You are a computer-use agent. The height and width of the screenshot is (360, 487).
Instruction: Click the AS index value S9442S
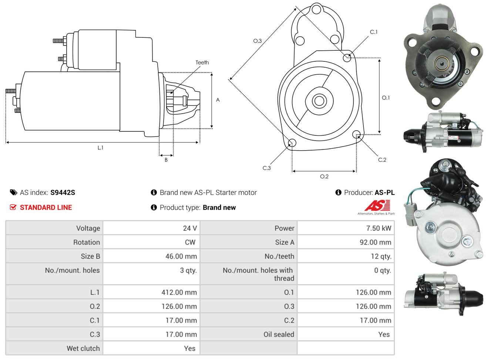click(63, 192)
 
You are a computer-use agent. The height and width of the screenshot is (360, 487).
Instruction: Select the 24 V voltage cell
click(190, 228)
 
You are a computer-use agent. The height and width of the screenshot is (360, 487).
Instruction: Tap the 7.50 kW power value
click(379, 228)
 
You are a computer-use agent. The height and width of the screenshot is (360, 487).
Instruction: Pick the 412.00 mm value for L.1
click(179, 292)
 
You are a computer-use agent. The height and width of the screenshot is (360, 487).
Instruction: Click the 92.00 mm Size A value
click(376, 242)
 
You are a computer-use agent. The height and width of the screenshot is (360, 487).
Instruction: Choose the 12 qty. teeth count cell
click(381, 256)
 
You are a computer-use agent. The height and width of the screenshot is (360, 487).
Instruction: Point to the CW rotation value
click(190, 242)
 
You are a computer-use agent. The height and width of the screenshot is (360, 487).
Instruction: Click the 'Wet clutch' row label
click(83, 349)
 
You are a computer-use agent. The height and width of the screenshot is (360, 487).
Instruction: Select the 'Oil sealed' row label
click(279, 334)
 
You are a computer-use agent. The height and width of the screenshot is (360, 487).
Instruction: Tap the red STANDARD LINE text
click(46, 208)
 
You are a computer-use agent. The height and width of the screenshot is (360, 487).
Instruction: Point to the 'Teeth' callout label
click(202, 63)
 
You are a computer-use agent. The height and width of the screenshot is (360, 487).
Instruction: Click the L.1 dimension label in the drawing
click(100, 148)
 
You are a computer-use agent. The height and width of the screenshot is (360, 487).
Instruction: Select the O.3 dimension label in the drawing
click(257, 41)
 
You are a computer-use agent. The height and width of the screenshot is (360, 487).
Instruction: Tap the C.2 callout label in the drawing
click(382, 160)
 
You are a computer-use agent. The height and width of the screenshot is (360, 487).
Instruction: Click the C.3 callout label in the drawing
click(266, 168)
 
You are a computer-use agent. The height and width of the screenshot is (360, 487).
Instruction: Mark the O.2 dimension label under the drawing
click(324, 176)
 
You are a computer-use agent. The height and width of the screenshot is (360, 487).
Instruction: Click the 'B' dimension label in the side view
click(166, 160)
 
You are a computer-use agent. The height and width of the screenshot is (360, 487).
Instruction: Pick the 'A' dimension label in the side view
click(218, 100)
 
